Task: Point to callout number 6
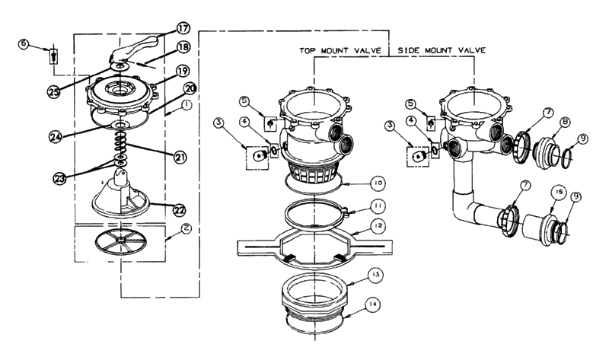coord(24,45)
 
